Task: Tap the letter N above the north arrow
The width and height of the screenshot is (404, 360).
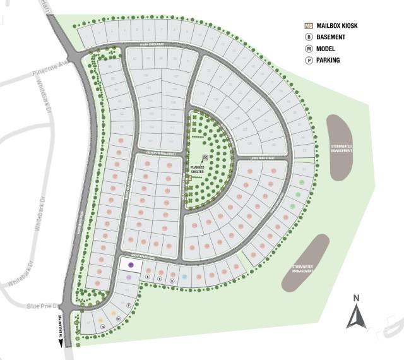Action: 356,298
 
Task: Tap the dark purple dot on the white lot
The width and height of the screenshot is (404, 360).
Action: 131,265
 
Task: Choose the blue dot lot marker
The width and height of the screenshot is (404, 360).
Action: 184,277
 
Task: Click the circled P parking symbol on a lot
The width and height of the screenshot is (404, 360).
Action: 129,305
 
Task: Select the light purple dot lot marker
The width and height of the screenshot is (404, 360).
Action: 128,277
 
